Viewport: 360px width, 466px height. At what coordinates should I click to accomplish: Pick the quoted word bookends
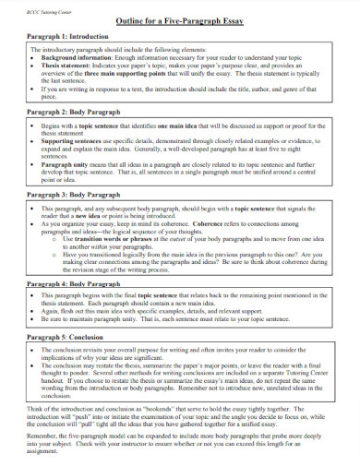152,408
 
